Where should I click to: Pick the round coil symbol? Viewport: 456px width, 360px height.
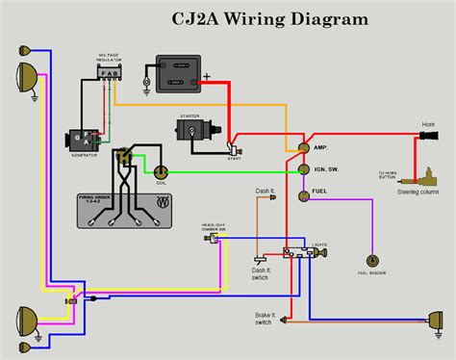(x=162, y=171)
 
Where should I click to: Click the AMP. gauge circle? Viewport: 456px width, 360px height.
(x=303, y=147)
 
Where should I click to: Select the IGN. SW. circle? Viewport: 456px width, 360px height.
(x=303, y=171)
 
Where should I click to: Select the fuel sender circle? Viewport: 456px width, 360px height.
(x=371, y=260)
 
